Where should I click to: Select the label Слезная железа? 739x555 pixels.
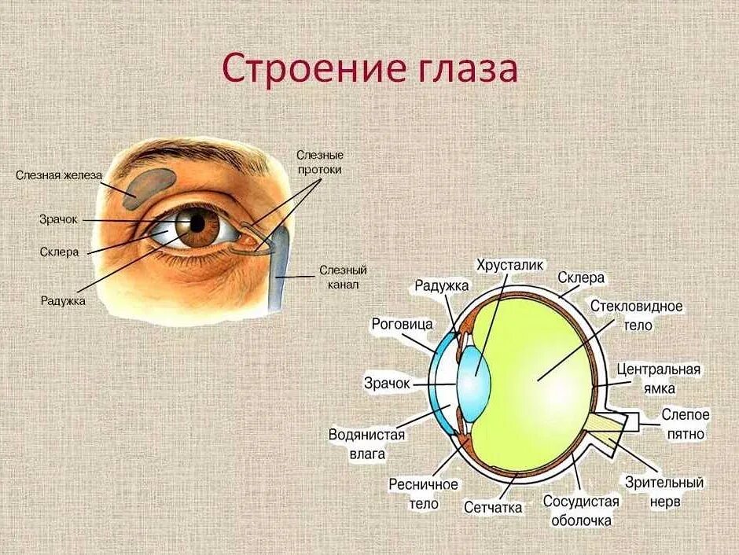pyautogui.click(x=59, y=175)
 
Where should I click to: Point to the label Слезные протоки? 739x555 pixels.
pyautogui.click(x=319, y=162)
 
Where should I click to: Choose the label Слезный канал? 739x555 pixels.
pyautogui.click(x=343, y=277)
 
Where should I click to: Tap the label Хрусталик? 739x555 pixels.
pyautogui.click(x=511, y=266)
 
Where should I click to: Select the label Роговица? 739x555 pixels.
pyautogui.click(x=402, y=324)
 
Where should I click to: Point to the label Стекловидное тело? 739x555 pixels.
pyautogui.click(x=637, y=314)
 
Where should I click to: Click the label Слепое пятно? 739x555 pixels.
pyautogui.click(x=686, y=424)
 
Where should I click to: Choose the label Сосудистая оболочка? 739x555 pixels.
pyautogui.click(x=582, y=510)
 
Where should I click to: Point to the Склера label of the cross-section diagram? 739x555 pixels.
pyautogui.click(x=581, y=278)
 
